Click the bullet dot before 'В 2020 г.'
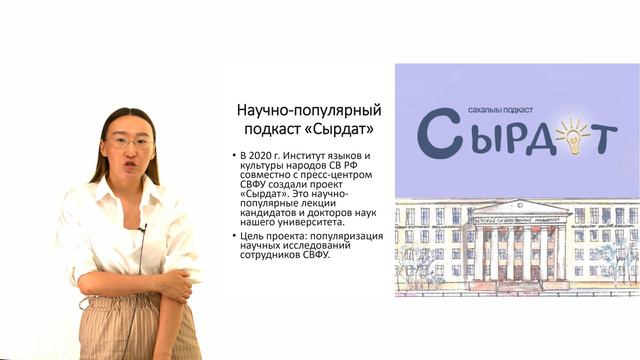tap(233, 156)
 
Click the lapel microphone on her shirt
tap(142, 229)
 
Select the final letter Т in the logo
tap(602, 138)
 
